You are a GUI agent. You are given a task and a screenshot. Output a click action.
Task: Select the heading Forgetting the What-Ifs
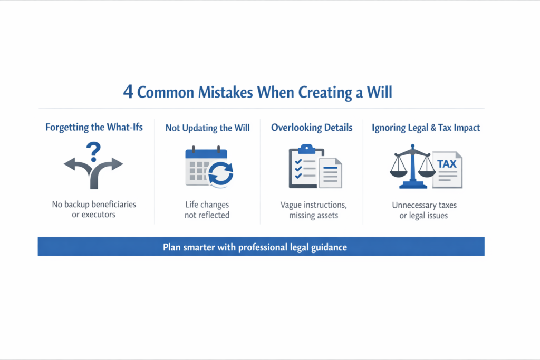[94, 128]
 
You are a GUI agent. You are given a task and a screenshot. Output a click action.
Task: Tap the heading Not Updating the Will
[208, 128]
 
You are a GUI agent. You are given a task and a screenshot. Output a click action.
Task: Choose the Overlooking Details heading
[312, 128]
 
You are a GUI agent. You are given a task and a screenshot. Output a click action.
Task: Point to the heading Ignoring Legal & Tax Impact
[426, 128]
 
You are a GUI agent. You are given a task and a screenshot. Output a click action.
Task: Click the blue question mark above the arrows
[95, 152]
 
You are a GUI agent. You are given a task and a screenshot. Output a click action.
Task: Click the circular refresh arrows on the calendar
[220, 174]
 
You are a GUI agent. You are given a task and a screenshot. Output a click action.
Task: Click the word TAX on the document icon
[447, 164]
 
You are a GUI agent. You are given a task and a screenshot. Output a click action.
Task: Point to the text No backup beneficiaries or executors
[94, 209]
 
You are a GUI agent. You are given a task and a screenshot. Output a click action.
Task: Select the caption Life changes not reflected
[207, 209]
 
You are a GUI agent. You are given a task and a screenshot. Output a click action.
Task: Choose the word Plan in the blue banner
[172, 247]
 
